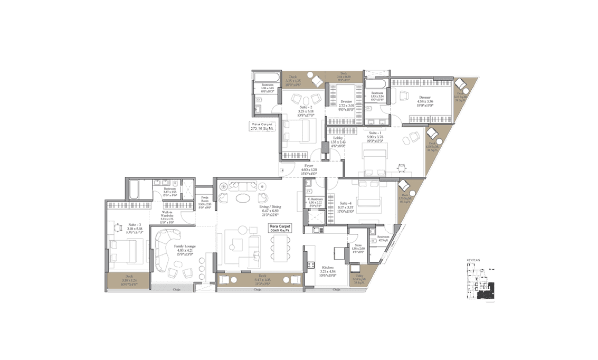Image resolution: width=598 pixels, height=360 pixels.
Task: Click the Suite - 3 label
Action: [121, 228]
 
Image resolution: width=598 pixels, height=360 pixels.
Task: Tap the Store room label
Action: [358, 247]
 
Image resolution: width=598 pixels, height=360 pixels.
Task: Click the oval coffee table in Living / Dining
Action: [243, 198]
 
